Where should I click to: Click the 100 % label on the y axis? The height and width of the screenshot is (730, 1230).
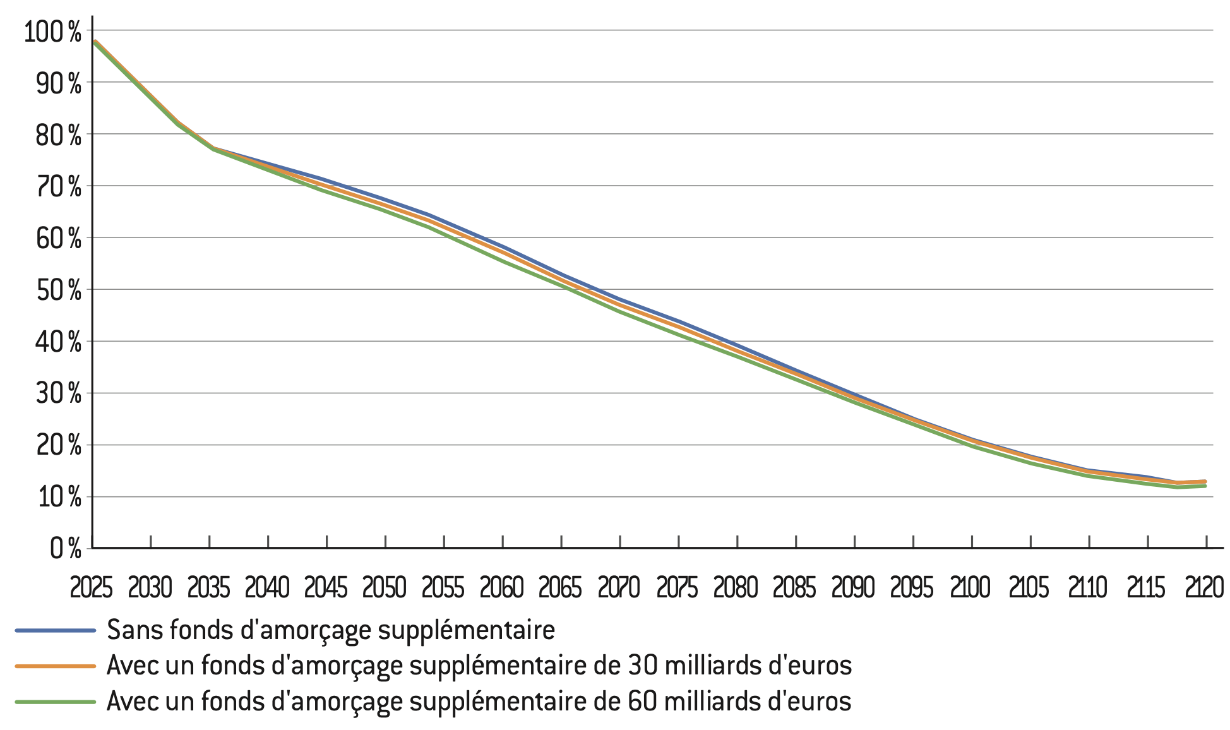(x=52, y=32)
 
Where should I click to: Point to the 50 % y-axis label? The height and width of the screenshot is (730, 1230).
(x=59, y=290)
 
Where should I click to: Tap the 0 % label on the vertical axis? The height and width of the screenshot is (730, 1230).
(x=66, y=549)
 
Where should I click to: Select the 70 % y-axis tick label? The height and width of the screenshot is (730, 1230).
(x=59, y=187)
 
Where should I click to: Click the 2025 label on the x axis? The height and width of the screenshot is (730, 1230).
(x=91, y=588)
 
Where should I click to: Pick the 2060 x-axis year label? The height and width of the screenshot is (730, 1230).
(x=502, y=588)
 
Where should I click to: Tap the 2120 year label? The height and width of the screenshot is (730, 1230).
(x=1205, y=588)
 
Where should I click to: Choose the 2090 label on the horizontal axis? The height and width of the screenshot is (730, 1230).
(x=853, y=588)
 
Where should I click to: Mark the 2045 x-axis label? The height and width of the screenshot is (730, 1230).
(x=326, y=588)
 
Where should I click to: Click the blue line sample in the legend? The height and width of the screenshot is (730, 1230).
(x=56, y=630)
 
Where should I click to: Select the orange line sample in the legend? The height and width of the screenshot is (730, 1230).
(x=56, y=666)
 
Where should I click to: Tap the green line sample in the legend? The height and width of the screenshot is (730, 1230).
(x=56, y=702)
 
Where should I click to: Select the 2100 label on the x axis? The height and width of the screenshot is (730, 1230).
(x=970, y=588)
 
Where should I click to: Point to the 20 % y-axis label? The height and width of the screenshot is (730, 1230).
(x=59, y=446)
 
